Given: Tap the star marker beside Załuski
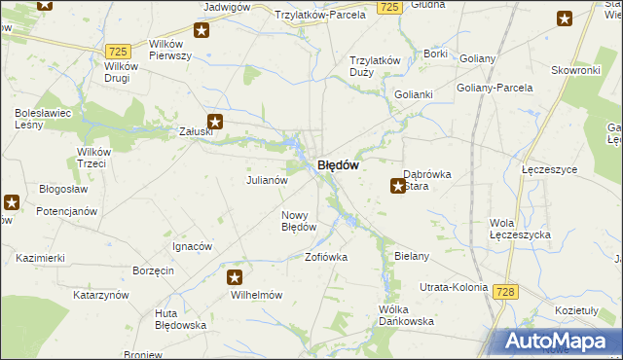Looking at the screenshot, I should coord(216,123).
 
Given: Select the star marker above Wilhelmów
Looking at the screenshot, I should coord(235,277).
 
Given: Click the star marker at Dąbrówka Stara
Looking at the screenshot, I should coord(398,186).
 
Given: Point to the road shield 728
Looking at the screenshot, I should coord(504,292).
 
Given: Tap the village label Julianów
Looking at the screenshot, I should coord(266,180).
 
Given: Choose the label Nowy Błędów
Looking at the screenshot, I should coord(299,221).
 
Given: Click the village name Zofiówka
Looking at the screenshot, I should coord(326,258).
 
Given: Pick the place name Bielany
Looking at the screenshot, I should coord(412,256).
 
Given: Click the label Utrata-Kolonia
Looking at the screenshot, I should coord(453,289).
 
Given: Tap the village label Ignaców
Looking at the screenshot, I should coord(192,246).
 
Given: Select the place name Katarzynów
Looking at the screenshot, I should coord(101,294).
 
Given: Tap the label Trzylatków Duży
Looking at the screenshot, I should coord(376,65).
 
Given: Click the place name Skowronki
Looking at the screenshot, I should coord(574,71).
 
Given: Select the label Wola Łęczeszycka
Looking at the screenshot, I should coord(521,229).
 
